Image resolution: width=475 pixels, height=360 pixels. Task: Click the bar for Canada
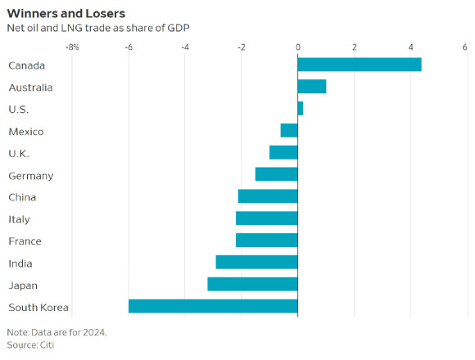click(x=360, y=65)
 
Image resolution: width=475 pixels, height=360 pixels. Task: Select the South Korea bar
click(x=213, y=306)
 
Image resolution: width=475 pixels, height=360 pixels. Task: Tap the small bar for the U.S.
click(x=301, y=108)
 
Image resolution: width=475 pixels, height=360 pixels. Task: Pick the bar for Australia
click(x=312, y=87)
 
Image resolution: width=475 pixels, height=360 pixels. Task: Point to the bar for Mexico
click(x=289, y=130)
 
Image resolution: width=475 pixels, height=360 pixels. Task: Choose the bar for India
click(x=257, y=262)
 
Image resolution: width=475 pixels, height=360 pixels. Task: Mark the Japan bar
click(x=252, y=284)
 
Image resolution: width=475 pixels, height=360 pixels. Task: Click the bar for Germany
click(x=277, y=174)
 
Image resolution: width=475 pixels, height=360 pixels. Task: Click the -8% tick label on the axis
click(x=72, y=47)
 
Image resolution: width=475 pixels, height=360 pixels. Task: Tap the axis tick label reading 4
click(x=410, y=47)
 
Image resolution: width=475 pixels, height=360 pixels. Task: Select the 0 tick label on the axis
click(x=298, y=47)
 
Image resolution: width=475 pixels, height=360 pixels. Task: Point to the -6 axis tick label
click(x=129, y=47)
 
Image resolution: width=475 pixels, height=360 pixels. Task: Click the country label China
click(x=22, y=197)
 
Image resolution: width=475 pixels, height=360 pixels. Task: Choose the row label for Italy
click(x=19, y=219)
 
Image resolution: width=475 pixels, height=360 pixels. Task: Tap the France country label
click(x=25, y=241)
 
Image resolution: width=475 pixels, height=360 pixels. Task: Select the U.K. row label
click(x=19, y=154)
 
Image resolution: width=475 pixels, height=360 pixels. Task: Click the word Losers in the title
click(x=105, y=14)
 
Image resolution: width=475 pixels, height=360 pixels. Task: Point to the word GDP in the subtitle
click(x=179, y=28)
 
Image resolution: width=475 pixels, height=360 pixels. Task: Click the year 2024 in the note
click(x=95, y=332)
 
